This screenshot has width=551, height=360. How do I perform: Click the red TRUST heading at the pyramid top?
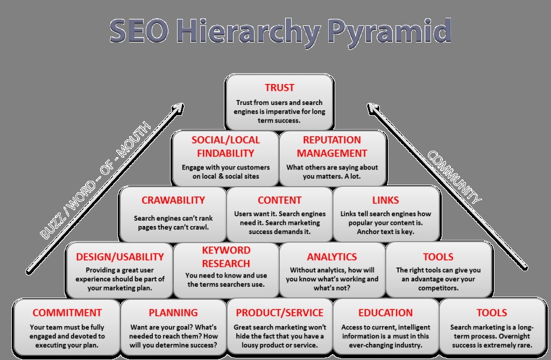coord(279,88)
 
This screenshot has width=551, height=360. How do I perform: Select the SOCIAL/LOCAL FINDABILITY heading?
coord(225,146)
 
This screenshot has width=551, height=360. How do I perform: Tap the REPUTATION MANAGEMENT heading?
coord(332,146)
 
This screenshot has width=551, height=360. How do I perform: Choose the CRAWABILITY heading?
coord(173,200)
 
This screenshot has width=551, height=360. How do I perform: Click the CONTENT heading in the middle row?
coord(279,200)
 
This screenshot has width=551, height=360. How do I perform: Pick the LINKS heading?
coord(385,200)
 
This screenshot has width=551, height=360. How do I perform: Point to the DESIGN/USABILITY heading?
coord(119,257)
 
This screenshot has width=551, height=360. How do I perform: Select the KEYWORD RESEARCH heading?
coord(226,257)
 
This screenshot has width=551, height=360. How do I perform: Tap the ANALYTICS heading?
coord(332,257)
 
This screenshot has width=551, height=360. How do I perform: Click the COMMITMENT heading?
coord(67,313)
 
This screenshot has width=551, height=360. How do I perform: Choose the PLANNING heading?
coord(173,313)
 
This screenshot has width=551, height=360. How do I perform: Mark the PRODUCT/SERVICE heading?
coord(279,313)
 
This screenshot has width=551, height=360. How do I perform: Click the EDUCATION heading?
coord(385,313)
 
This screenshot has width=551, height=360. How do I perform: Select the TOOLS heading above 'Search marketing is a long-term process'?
coord(492,313)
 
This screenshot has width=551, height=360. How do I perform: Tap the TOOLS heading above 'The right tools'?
coord(438,257)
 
